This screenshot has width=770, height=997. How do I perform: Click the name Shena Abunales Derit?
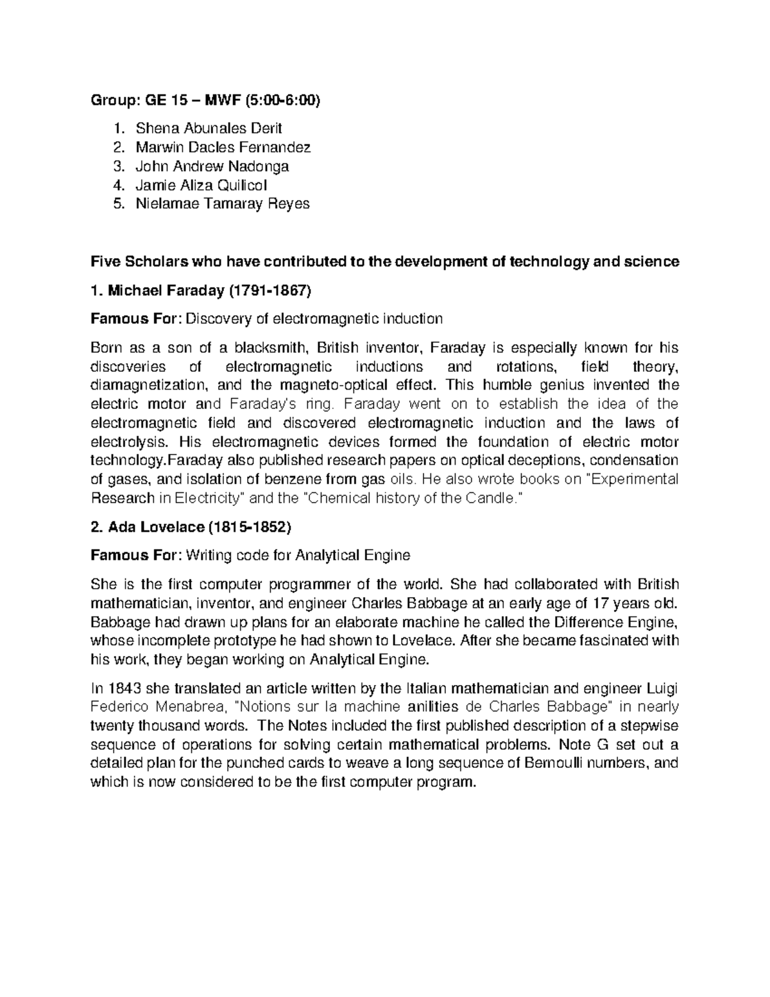tap(209, 128)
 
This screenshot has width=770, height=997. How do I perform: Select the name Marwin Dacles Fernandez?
tap(223, 147)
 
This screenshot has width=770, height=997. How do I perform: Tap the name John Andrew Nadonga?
tap(212, 166)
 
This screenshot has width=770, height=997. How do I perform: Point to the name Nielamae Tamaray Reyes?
tap(222, 204)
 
